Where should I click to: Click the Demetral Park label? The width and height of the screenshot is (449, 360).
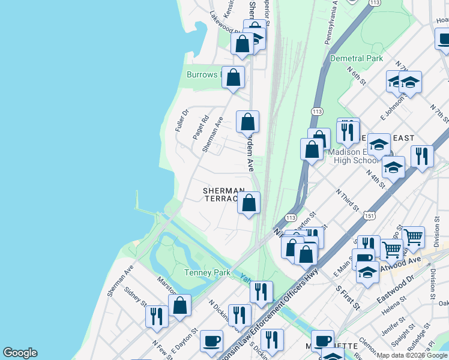point(356,58)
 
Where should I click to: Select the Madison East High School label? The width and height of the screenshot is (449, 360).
point(354,156)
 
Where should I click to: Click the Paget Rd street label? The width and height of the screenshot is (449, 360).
point(200,127)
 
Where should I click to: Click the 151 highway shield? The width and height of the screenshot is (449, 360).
point(370,215)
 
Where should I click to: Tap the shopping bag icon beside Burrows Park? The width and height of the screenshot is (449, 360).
point(234,77)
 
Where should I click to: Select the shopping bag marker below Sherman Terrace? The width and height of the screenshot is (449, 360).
point(249,203)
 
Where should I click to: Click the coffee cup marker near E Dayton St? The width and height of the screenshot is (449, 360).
point(211,341)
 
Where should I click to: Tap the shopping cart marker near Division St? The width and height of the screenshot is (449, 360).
point(413,237)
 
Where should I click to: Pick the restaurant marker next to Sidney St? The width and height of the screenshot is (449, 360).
point(157,316)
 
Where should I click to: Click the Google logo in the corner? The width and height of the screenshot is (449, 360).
point(20,353)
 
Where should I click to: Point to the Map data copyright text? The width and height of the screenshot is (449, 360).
point(412,355)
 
